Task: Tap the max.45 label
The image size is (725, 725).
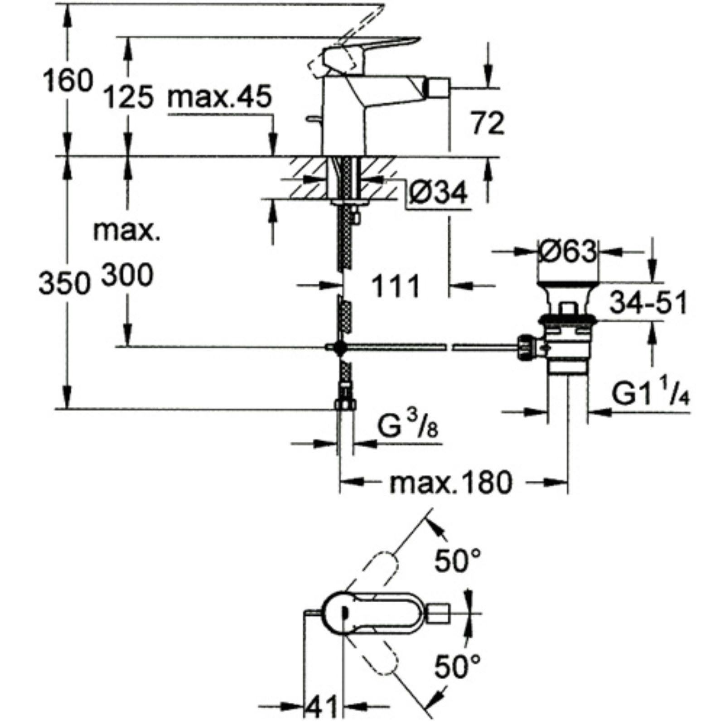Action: (x=219, y=98)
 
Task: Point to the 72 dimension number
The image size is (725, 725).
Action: (x=488, y=123)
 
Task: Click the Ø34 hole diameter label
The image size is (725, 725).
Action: (x=437, y=194)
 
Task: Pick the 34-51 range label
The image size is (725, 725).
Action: (x=648, y=303)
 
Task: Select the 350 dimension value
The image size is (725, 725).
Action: (x=63, y=285)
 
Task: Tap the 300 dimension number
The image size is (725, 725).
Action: (x=127, y=275)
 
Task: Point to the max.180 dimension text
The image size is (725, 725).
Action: (x=451, y=483)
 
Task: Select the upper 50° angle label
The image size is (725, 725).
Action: (x=457, y=561)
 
